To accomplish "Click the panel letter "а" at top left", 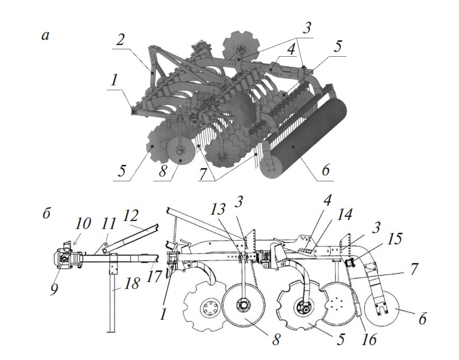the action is tap(46, 36).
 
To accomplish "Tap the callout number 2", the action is tap(120, 40).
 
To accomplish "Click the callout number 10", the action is tap(83, 224).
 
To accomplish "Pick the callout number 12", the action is tap(130, 216).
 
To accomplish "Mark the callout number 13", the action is tap(217, 209).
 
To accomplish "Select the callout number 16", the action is tap(368, 339).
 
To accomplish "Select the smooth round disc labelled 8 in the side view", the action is tap(244, 305).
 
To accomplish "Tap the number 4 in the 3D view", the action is tap(290, 50).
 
